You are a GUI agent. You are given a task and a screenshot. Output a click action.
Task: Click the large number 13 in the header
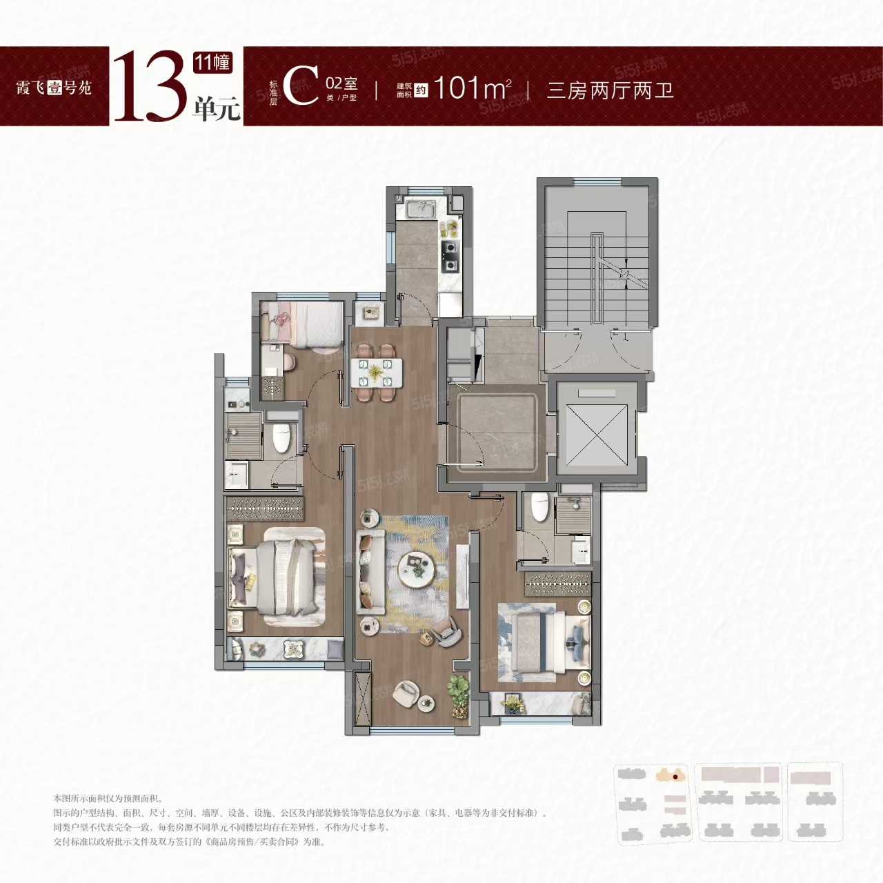tap(148, 86)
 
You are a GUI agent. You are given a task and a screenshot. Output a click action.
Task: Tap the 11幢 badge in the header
tap(212, 62)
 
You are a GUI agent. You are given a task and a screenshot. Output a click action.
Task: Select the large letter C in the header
tap(301, 86)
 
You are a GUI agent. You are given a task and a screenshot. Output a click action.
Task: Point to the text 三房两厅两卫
tap(610, 90)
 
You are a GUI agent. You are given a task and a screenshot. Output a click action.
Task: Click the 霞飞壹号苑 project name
tap(54, 88)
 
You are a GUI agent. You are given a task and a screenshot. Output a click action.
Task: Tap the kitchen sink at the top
tap(419, 208)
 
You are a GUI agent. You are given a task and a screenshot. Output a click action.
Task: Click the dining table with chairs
tap(376, 372)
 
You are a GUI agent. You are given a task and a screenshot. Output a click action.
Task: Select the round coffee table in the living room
tap(419, 568)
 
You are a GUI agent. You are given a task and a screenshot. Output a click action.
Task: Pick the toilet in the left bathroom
tap(281, 437)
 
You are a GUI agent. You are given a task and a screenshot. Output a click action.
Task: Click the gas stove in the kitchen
tap(450, 255)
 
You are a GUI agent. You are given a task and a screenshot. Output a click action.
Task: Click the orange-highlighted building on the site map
tap(673, 774)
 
